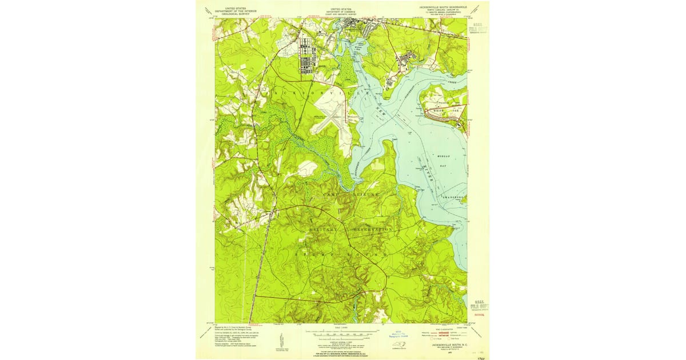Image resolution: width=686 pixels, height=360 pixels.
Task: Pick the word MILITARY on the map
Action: tap(325, 229)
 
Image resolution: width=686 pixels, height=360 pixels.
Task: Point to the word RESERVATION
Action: tap(371, 229)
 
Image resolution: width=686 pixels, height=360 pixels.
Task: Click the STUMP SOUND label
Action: tap(342, 252)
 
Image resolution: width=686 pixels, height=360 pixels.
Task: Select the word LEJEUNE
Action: tap(361, 195)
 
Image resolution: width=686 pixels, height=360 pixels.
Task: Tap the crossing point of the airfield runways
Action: tap(336, 119)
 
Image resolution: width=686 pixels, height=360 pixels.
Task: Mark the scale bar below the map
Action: tap(342, 331)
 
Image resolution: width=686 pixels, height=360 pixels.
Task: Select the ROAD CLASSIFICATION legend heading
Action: tap(444, 327)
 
